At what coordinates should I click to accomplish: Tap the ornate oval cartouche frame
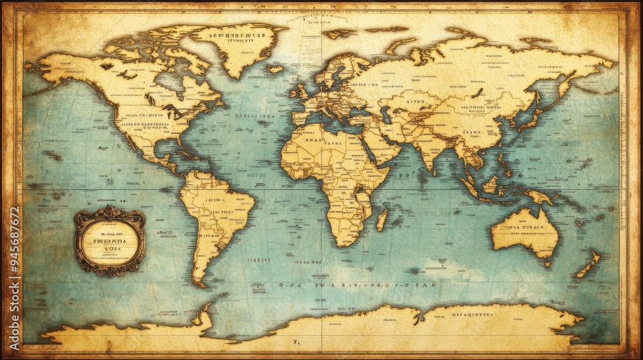pyautogui.click(x=109, y=240)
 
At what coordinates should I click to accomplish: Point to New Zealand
pyautogui.click(x=589, y=264)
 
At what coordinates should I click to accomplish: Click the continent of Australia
pyautogui.click(x=524, y=231)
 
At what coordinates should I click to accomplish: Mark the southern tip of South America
pyautogui.click(x=201, y=283)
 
